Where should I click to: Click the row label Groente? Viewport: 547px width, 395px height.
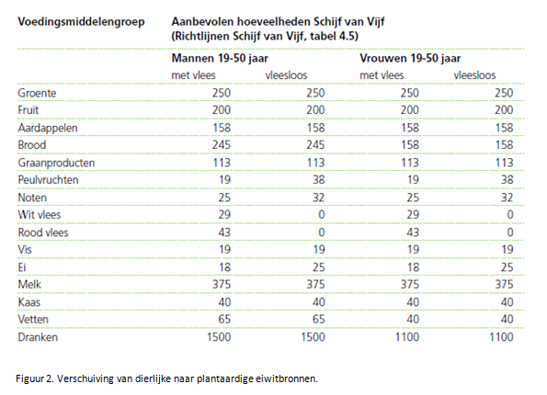pos(37,93)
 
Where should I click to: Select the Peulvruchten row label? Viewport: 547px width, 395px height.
pos(48,180)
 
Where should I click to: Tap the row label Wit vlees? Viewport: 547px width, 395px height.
pos(40,215)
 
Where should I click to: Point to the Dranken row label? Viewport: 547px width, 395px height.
pos(38,337)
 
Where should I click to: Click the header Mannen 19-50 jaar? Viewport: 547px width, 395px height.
pos(220,58)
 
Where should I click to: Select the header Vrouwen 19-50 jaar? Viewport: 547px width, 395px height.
pos(410,58)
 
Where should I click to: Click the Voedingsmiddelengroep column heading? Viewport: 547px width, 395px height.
pos(81,22)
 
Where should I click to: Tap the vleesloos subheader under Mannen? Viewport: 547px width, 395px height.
pos(287,75)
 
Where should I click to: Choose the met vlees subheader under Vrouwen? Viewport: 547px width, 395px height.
pos(382,75)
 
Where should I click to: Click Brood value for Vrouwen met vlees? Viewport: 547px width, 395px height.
pos(409,145)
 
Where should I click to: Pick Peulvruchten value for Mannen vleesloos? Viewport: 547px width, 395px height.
pos(319,180)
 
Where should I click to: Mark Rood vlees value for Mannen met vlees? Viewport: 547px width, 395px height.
pos(224,232)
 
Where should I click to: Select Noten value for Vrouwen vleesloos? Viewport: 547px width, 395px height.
pos(507,197)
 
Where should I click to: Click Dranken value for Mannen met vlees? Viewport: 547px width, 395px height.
pos(219,337)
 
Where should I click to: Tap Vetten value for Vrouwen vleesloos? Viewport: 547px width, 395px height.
pos(507,320)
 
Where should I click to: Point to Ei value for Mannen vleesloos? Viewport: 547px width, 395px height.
pos(319,267)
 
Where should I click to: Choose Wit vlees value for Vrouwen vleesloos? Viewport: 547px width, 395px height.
pos(510,215)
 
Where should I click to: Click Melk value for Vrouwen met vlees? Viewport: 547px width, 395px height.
pos(409,285)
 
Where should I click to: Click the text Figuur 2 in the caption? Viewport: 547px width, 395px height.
pos(35,379)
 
